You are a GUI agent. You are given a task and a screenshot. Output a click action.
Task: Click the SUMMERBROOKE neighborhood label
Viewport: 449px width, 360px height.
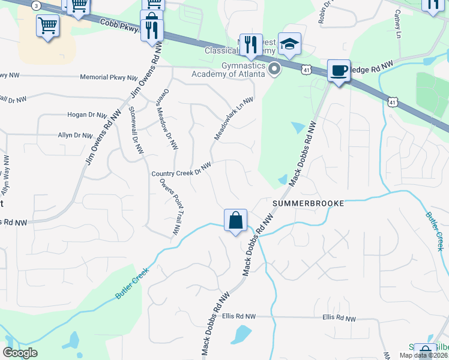click(309, 203)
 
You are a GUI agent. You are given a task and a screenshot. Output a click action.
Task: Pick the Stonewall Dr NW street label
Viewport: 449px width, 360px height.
click(136, 130)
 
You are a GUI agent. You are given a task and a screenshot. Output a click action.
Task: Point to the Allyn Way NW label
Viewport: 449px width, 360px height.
click(6, 175)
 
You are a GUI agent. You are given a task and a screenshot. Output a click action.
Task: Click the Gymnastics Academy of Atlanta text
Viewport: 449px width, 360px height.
click(228, 70)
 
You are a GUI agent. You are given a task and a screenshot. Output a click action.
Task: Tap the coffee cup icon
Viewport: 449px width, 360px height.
click(339, 71)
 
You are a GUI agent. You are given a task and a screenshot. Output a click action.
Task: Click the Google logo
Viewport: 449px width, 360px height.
click(20, 353)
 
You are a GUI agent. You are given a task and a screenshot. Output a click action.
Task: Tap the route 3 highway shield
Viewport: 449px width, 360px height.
click(37, 5)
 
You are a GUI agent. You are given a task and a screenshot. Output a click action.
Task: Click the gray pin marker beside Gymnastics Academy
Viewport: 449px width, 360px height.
click(275, 69)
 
